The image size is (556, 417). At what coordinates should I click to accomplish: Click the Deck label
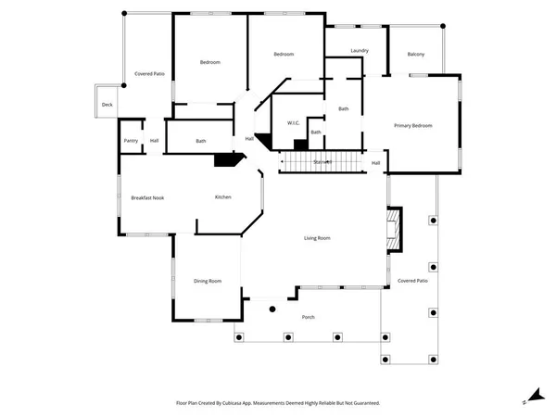pos(107,105)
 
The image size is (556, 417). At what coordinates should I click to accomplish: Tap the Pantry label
pos(130,141)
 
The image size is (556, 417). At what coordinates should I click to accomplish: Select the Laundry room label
pos(360,50)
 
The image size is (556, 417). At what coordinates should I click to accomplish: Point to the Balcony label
pos(416,55)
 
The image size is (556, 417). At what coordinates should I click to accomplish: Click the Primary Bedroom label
pos(413,126)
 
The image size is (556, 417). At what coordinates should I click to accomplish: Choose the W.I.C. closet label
pos(292,122)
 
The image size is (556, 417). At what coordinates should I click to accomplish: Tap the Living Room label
pos(318,238)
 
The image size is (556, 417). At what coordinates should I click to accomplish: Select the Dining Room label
pos(208,281)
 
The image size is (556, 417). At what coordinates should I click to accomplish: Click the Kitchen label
pos(223,197)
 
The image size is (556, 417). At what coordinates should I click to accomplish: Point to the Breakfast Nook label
pos(148,197)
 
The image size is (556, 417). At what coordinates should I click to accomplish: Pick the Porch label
pos(309,318)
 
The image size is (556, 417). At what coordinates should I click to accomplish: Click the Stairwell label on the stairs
pos(322,163)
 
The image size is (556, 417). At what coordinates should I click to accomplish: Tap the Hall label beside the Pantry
pos(154,141)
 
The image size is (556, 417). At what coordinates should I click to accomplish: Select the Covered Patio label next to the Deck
pos(149,73)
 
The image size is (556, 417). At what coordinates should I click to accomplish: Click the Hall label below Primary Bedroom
pos(375,164)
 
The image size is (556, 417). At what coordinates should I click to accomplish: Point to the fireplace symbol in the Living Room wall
pos(394,227)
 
